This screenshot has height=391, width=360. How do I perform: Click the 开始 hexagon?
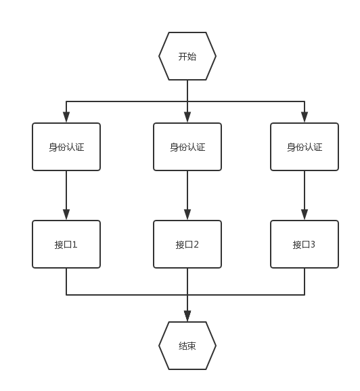click(x=187, y=56)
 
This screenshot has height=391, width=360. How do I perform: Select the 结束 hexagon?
click(x=187, y=346)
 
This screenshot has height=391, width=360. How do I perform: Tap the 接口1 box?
click(x=66, y=244)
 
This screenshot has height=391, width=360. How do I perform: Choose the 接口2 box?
click(x=187, y=244)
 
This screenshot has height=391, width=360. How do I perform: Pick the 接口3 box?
click(x=305, y=244)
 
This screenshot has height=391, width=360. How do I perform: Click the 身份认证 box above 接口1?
click(x=66, y=147)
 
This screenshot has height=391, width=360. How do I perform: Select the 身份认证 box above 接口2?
click(x=187, y=147)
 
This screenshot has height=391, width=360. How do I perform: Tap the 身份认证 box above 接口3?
click(x=305, y=147)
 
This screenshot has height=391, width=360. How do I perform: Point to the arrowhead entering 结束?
click(x=187, y=316)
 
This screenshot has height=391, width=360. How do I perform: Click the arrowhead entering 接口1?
click(x=66, y=214)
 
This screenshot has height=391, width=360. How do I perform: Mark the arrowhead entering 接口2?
click(x=187, y=214)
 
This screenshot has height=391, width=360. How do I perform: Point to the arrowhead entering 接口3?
click(x=305, y=214)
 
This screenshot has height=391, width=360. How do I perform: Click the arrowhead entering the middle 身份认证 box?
click(x=187, y=117)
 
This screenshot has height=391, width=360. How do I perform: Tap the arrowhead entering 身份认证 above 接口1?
click(x=66, y=117)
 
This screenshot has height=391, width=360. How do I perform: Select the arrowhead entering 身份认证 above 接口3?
click(x=305, y=117)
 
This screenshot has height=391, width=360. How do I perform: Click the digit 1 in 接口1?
click(x=74, y=245)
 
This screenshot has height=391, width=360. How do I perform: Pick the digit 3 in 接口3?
click(x=313, y=245)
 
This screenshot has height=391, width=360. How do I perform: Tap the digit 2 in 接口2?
click(x=196, y=245)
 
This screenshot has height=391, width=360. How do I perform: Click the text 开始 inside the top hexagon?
click(x=187, y=57)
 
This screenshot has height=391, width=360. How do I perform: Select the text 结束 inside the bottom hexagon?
click(x=187, y=346)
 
